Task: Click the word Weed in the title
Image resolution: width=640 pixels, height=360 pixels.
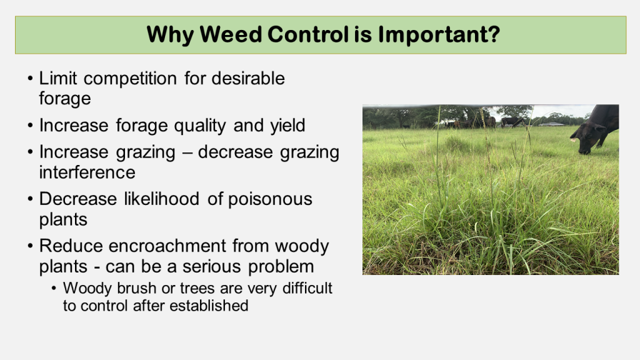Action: [x=230, y=34]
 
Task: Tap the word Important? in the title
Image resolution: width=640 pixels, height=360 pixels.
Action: [x=439, y=35]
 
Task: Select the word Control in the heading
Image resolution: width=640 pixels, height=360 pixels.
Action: [x=307, y=34]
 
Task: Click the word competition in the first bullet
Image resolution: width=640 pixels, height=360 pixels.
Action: [x=130, y=78]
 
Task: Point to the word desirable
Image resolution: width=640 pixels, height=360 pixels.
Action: [x=248, y=78]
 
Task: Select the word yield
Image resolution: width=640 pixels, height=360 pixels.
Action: [x=287, y=125]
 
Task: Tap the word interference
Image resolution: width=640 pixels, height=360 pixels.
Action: [x=87, y=172]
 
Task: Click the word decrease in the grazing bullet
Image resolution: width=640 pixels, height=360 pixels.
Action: [x=235, y=152]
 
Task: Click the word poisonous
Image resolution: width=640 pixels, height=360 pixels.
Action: [x=270, y=200]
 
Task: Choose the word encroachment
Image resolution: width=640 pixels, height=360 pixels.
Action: [x=167, y=246]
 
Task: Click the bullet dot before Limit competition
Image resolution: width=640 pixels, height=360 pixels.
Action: [x=30, y=78]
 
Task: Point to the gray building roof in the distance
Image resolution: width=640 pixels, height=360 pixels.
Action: [x=551, y=124]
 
